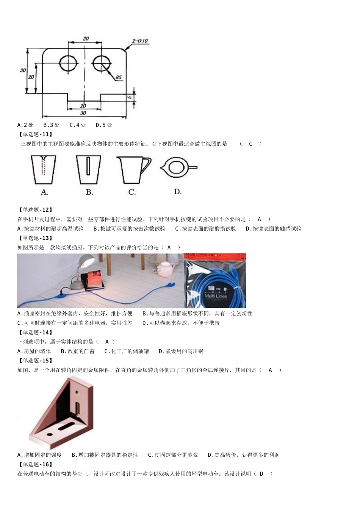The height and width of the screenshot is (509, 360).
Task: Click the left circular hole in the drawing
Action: click(68, 63)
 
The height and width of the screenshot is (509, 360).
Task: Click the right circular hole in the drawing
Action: click(101, 63)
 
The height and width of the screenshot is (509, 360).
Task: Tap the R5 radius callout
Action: click(119, 78)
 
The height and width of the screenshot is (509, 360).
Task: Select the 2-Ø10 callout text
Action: click(140, 41)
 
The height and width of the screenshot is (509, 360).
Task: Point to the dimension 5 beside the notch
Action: click(129, 97)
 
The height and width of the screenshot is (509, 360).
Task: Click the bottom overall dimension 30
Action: click(83, 113)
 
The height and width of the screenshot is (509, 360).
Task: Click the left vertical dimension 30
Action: click(23, 70)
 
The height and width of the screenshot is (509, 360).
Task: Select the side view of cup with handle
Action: click(133, 169)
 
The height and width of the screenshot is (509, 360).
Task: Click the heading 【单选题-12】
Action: click(35, 210)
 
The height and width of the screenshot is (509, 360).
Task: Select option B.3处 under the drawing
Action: click(52, 125)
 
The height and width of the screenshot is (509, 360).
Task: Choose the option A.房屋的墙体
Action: click(34, 351)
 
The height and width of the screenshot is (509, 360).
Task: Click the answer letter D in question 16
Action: click(261, 474)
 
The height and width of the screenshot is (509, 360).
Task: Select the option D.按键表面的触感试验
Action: click(273, 229)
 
